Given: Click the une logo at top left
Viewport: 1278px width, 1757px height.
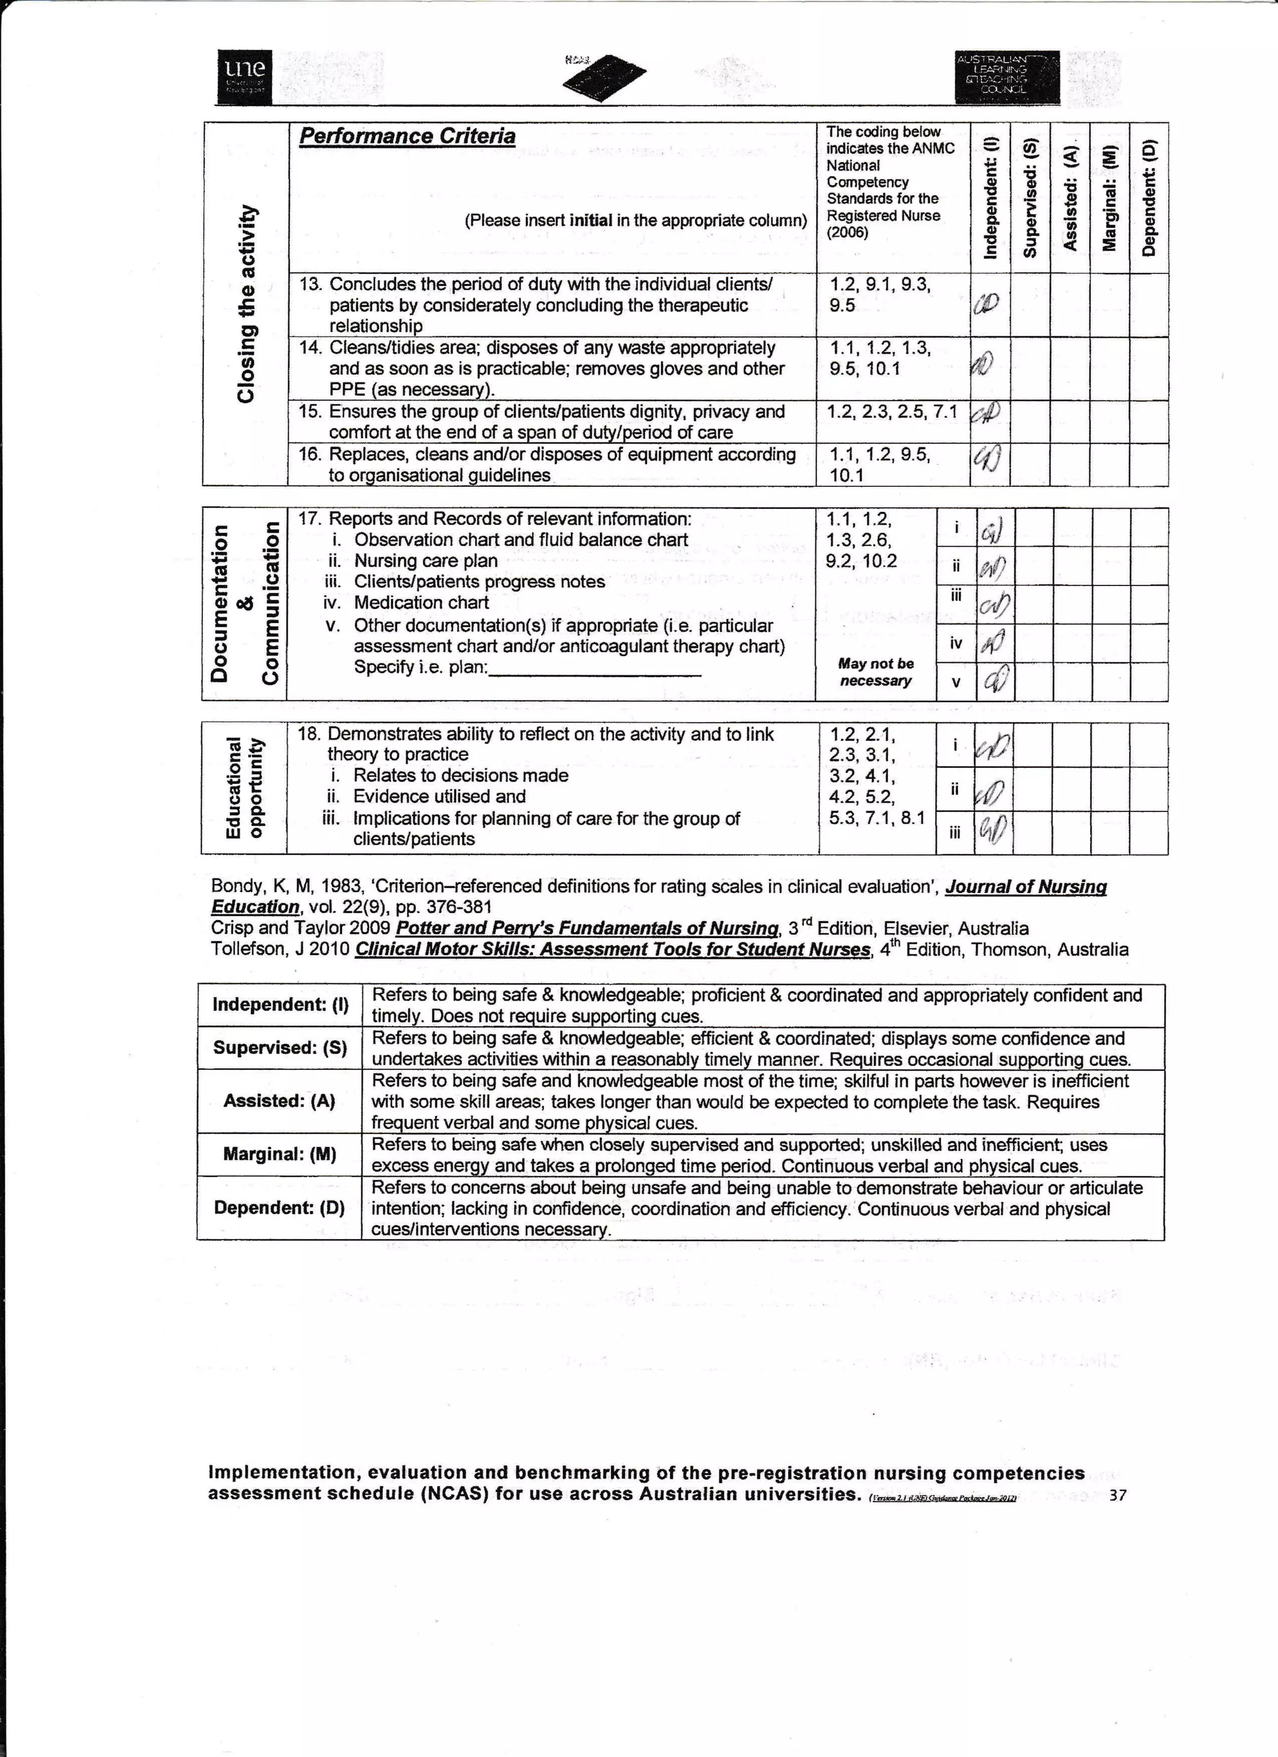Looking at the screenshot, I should (x=245, y=77).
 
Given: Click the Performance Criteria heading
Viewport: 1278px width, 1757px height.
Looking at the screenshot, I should (x=407, y=136).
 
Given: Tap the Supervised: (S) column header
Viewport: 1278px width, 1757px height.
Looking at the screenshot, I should (x=1030, y=198).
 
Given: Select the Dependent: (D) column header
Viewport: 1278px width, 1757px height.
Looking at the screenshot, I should (x=1149, y=198).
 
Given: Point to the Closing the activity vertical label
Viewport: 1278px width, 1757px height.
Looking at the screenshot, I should (x=246, y=303).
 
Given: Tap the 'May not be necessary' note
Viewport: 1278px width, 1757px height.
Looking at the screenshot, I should (x=876, y=672).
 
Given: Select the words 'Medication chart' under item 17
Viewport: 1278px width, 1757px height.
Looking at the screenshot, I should (x=421, y=603).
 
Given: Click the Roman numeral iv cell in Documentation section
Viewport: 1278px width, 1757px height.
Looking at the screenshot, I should (x=956, y=643).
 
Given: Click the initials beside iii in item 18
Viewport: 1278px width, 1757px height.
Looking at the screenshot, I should (x=993, y=832).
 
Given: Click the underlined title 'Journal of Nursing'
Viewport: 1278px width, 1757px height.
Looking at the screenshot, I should (x=1025, y=887).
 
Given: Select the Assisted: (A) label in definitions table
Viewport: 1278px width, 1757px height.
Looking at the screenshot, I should (x=279, y=1101).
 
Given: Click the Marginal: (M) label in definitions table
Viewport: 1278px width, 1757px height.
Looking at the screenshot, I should (x=279, y=1154).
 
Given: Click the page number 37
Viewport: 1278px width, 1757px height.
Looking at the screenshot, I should (x=1117, y=1495).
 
